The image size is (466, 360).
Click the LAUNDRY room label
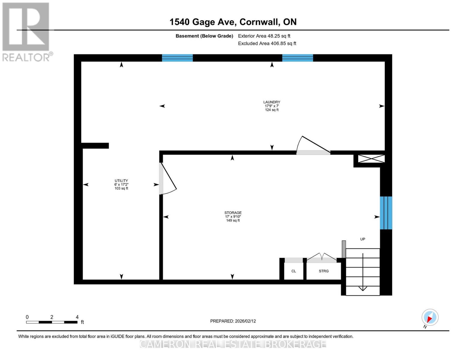(x=272, y=102)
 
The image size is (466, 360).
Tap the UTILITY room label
(x=121, y=181)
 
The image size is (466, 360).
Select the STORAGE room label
(x=233, y=213)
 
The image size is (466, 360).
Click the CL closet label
(x=293, y=271)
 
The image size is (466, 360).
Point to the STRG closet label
(x=323, y=271)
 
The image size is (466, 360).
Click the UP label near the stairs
(x=362, y=239)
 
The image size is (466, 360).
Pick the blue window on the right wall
(x=386, y=213)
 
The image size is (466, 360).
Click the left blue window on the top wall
(x=177, y=58)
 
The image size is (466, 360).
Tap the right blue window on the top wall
(x=297, y=58)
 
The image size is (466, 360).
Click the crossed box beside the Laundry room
(x=371, y=159)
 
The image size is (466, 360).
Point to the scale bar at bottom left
(x=52, y=322)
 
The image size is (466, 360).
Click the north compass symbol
(x=430, y=317)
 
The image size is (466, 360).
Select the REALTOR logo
(x=26, y=32)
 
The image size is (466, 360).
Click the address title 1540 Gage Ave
(x=233, y=22)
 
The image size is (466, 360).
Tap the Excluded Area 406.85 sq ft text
(x=267, y=43)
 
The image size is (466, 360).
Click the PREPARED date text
(x=233, y=321)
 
